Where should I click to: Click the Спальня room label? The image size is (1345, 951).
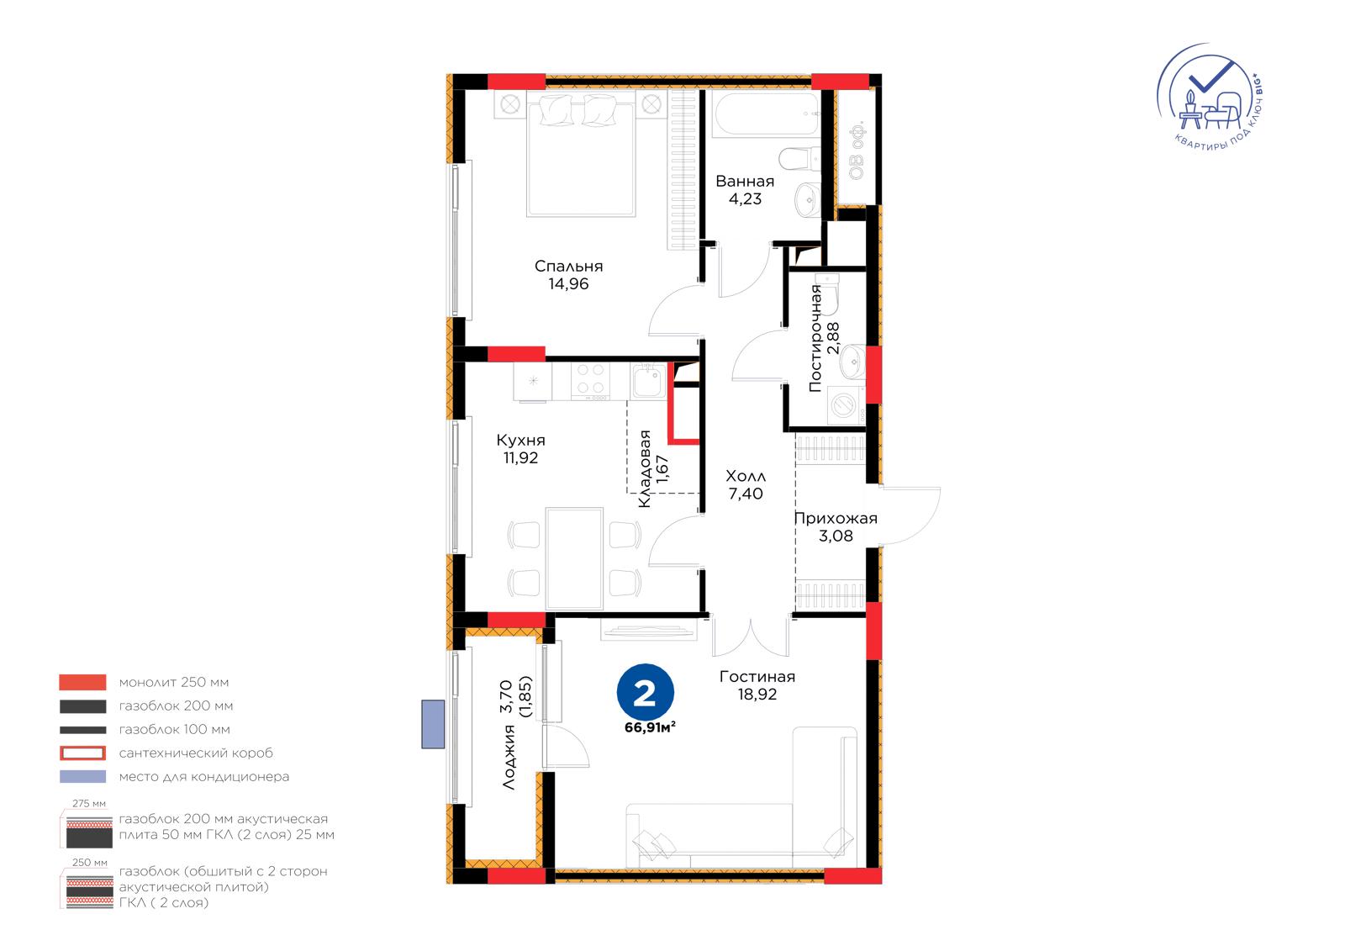pos(568,267)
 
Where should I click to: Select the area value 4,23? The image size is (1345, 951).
pos(745,198)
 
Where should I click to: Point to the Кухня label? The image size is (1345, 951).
pos(520,441)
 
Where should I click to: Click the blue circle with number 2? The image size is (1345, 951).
pos(645,692)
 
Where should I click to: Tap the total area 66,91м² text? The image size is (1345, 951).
pos(650,727)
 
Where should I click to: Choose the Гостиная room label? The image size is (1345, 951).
pos(757,676)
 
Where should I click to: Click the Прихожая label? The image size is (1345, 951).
pos(836,519)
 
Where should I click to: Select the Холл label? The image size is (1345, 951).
pos(746,477)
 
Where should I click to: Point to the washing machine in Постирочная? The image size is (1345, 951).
pos(846,405)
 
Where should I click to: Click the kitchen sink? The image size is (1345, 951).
pos(648,381)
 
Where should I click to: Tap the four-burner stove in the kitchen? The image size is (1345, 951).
pos(590,381)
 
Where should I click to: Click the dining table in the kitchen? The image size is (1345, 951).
pos(574,558)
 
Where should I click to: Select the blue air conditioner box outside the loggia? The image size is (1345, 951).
pos(433,724)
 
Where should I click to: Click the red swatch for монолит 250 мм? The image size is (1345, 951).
pos(83,682)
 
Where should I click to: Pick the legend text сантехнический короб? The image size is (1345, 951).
pos(196,753)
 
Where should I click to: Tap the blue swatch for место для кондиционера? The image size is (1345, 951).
pos(83,776)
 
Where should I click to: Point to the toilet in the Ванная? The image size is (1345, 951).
pos(799,159)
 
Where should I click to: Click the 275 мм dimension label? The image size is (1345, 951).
pos(89,803)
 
